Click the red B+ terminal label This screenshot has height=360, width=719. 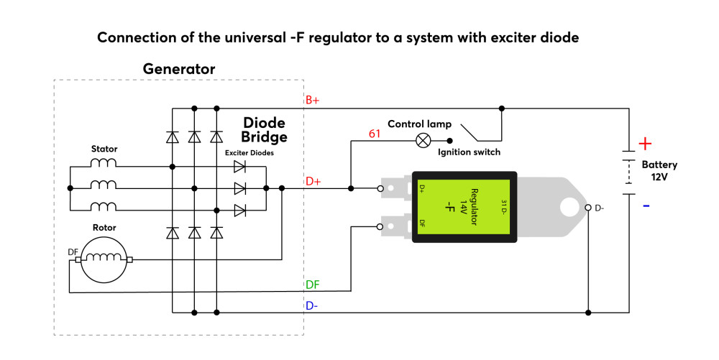312,100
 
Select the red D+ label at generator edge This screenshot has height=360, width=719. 313,181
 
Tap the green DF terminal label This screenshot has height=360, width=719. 312,285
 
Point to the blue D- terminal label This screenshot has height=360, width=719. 312,305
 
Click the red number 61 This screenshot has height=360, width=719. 375,134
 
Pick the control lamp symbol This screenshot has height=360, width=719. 423,141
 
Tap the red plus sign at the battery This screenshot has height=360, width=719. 645,144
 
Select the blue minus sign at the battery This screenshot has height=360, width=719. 646,206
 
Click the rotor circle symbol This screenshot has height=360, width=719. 103,259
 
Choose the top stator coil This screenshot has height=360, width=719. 103,162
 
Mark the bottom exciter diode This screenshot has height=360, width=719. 239,211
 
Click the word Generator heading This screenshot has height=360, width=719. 179,69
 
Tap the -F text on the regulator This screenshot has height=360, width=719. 450,207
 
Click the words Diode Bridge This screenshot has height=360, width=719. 264,129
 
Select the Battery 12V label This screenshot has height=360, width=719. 659,170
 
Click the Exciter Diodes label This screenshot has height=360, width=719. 249,153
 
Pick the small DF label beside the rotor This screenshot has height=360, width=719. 73,252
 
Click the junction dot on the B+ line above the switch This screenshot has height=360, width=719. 502,109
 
